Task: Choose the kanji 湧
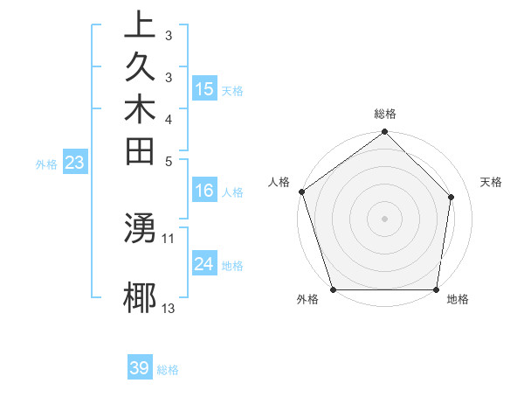(141, 229)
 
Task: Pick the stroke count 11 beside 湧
(169, 238)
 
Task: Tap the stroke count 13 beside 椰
(169, 308)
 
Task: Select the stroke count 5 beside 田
(169, 160)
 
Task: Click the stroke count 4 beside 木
(169, 118)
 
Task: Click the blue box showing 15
(204, 88)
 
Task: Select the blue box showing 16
(204, 191)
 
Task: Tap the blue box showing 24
(204, 263)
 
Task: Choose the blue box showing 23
(75, 162)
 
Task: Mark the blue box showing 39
(140, 368)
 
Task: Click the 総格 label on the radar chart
(385, 114)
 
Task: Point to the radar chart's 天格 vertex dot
(452, 197)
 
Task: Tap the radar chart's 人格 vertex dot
(302, 192)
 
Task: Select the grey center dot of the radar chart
(385, 218)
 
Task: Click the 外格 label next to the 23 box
(46, 164)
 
